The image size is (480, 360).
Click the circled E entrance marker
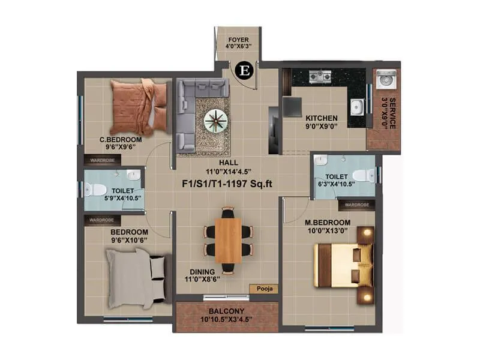244,70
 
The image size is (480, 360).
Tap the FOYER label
238,40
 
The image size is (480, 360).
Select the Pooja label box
264,289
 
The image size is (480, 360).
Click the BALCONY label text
226,311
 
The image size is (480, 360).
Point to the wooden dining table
228,239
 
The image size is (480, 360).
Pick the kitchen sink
357,107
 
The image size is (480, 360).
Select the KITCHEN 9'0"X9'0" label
322,122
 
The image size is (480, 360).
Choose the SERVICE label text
392,113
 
